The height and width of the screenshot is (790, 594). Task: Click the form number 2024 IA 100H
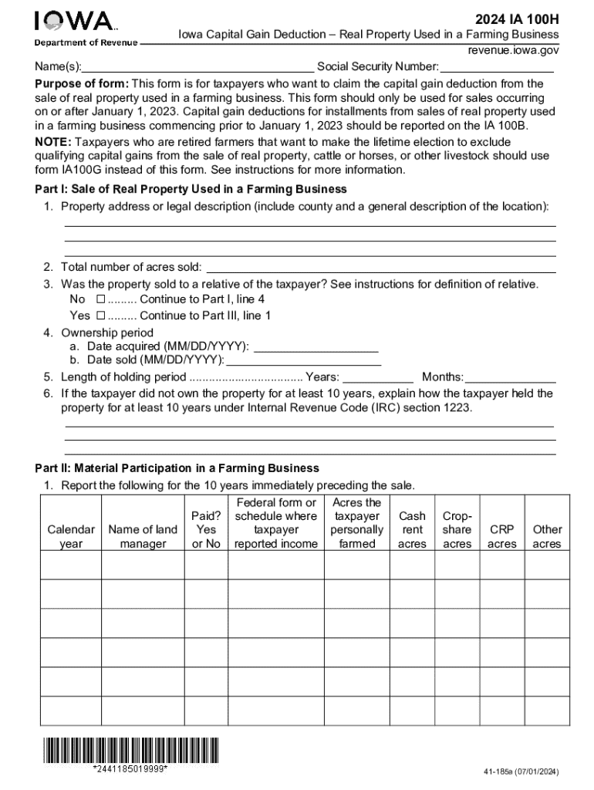tap(518, 18)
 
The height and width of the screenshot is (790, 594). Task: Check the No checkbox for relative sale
tap(100, 299)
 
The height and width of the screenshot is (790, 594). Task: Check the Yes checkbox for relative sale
tap(100, 316)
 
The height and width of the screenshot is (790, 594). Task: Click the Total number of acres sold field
tap(380, 268)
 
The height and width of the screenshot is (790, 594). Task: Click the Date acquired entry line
tap(316, 347)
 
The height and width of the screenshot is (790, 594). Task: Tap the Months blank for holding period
tap(510, 378)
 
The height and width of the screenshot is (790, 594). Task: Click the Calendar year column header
tap(71, 536)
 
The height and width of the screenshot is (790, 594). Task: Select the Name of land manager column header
tap(143, 536)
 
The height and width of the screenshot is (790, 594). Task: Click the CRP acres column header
tap(502, 536)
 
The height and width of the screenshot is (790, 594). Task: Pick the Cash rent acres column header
tap(411, 529)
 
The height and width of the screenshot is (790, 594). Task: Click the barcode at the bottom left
tap(131, 751)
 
